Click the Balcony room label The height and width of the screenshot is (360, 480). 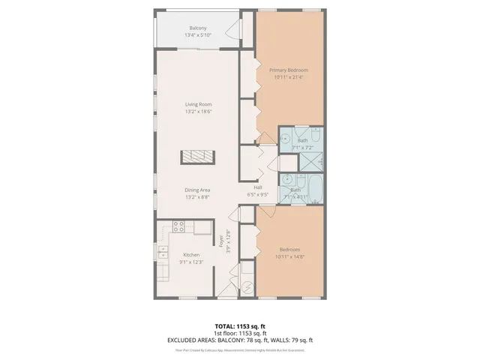tap(198, 28)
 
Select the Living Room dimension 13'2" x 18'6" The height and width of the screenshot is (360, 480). tap(198, 112)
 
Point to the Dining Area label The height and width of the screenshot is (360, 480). tap(198, 190)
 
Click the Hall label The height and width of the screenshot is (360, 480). tap(257, 187)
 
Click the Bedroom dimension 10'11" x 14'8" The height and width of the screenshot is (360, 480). tap(289, 256)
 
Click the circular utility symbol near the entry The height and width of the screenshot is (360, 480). tap(247, 288)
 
